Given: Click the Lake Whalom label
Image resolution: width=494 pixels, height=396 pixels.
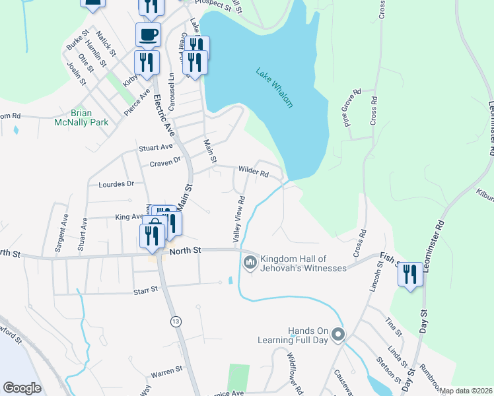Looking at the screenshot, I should [274, 87].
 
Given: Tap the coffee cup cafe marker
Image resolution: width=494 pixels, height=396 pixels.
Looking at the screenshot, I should [148, 34].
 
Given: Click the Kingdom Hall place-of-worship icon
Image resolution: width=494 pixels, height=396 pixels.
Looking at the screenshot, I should [250, 263].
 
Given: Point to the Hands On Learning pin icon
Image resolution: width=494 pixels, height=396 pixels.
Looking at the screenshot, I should [338, 335].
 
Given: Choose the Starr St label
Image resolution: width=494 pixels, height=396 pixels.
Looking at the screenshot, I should [145, 289].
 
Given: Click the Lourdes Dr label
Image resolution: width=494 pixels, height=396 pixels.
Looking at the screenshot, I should [116, 184].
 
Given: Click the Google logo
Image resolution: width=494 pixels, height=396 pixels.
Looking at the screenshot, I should [22, 387].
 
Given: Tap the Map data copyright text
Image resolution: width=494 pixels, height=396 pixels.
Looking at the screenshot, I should [466, 391].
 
